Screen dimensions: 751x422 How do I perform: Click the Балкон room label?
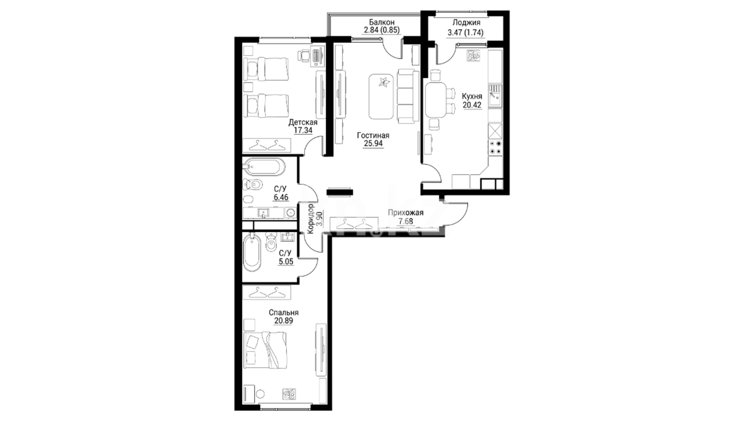pos(381,22)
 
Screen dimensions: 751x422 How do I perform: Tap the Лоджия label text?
pos(466,23)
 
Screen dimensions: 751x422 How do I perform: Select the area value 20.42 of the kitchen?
pos(472,105)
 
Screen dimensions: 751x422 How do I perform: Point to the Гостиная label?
pos(373,135)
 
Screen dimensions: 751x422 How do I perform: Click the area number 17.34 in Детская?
pos(303,130)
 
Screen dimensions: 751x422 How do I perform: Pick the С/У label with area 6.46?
pos(281,189)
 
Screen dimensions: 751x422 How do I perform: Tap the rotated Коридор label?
pos(311,219)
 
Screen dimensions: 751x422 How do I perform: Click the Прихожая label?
pos(406,213)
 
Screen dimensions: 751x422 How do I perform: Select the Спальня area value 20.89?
pos(284,321)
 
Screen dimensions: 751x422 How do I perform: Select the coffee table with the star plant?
pos(382,97)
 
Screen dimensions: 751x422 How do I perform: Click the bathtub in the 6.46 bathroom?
pos(263,168)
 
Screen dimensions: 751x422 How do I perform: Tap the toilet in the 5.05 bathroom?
pos(270,241)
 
